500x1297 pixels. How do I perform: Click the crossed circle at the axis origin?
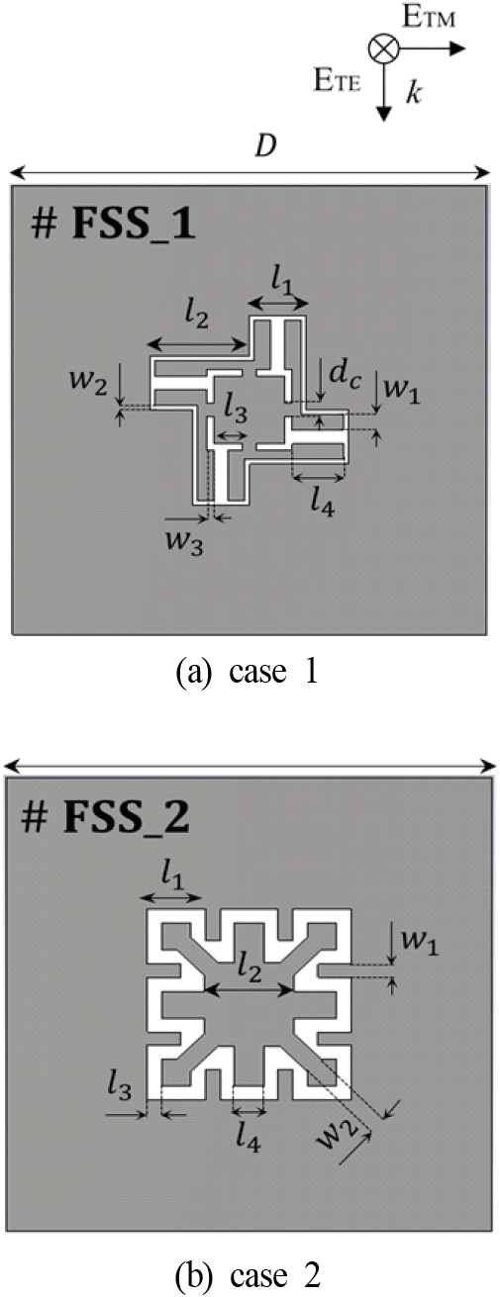[x=384, y=48]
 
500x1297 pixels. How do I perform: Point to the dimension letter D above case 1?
[x=265, y=147]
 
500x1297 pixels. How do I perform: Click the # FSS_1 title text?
[x=113, y=224]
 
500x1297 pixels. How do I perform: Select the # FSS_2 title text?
[x=106, y=817]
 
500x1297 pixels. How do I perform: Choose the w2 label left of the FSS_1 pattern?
[x=88, y=384]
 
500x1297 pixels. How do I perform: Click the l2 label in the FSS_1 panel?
[x=197, y=316]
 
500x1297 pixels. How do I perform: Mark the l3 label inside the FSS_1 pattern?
[x=236, y=412]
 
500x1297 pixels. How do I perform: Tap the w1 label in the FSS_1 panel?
[x=402, y=389]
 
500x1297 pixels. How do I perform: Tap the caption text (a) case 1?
[x=248, y=672]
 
